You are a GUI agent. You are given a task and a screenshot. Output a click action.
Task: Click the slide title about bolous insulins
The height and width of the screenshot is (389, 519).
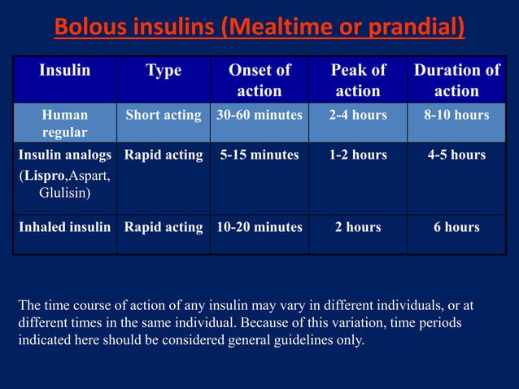(259, 28)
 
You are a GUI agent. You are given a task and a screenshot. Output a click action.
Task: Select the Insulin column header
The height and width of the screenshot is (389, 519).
(65, 71)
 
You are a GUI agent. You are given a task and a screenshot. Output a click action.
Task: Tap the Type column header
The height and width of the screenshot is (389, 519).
(163, 71)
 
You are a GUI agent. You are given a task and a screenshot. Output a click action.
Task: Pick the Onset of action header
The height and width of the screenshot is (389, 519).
(259, 80)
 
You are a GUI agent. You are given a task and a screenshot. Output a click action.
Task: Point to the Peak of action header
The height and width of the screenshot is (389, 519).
(358, 80)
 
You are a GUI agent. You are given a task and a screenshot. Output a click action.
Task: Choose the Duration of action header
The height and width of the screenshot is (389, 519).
(456, 80)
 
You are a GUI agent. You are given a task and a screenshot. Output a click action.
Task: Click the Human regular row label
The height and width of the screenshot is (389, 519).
(65, 123)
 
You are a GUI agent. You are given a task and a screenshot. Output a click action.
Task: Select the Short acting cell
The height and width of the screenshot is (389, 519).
(163, 116)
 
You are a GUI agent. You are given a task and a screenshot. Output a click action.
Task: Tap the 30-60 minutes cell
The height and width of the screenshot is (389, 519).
(259, 116)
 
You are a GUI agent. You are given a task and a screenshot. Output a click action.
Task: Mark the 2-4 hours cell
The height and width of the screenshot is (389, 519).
(358, 116)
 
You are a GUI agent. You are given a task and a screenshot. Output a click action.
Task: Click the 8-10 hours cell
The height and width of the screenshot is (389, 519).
(456, 116)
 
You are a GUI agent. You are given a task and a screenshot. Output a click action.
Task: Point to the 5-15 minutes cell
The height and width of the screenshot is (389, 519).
(259, 155)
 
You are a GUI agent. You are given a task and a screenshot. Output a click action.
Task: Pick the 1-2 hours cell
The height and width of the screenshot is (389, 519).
(358, 155)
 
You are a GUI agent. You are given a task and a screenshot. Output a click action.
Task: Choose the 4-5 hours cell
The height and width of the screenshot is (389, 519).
(456, 155)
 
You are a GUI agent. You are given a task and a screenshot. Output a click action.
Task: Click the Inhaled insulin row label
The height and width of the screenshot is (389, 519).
(65, 227)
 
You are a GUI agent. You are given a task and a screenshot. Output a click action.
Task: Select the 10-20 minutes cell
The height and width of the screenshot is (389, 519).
(259, 227)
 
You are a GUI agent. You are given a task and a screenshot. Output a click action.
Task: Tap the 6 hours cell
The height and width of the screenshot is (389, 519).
(456, 227)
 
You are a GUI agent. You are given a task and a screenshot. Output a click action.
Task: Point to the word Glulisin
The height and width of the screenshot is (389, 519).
(65, 193)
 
